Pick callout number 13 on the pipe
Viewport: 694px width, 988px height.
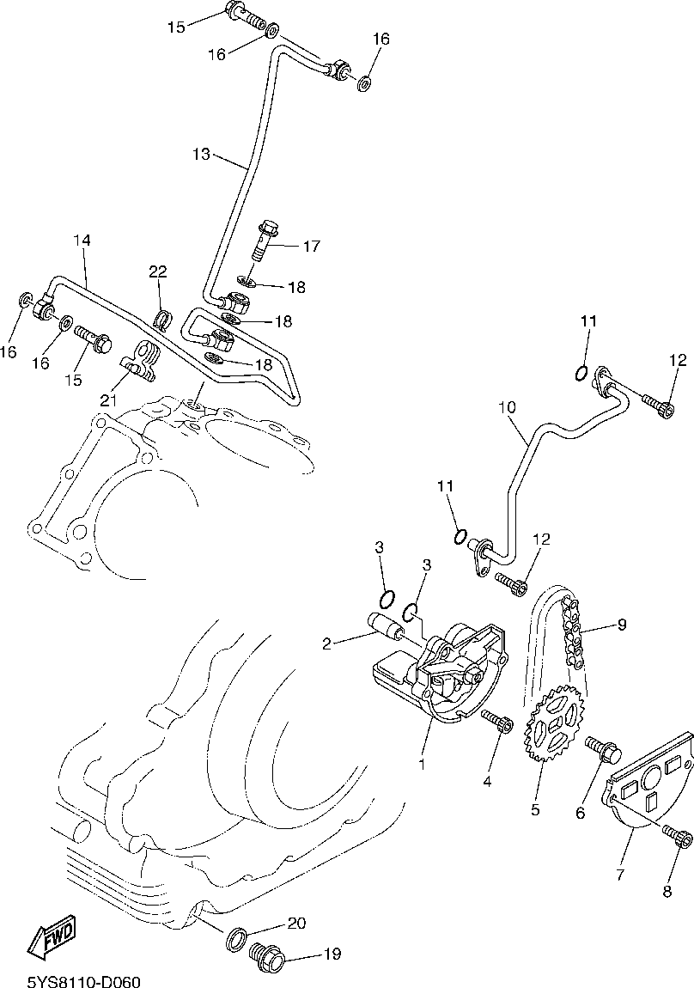point(201,155)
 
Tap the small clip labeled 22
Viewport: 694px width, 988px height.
point(161,320)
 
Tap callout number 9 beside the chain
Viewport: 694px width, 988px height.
point(621,625)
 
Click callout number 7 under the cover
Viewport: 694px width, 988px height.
point(619,875)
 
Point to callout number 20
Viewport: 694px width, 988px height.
point(296,924)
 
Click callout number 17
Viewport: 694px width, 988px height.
point(310,247)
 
